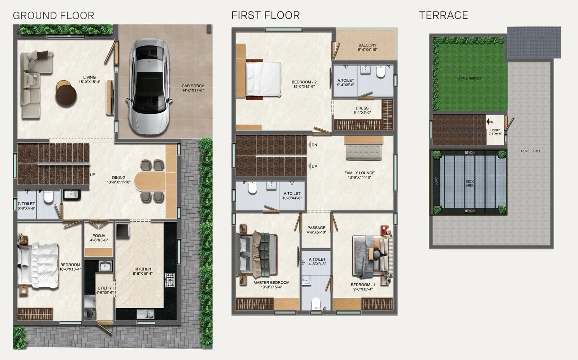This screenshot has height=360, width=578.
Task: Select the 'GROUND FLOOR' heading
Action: click(x=53, y=16)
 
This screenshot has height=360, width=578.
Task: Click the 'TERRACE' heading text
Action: click(x=443, y=15)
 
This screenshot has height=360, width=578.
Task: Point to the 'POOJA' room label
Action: click(x=99, y=236)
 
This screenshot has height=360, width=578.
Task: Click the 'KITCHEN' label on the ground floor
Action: click(x=143, y=269)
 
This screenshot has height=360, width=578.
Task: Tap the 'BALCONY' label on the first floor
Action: click(x=367, y=45)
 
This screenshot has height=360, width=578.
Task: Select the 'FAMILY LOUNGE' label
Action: click(x=359, y=173)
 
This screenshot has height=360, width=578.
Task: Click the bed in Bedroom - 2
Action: click(x=263, y=79)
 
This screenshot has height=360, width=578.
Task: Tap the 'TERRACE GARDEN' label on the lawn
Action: click(x=467, y=78)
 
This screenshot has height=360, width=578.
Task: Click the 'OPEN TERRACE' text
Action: click(x=530, y=151)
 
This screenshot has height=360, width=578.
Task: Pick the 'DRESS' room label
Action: click(x=362, y=108)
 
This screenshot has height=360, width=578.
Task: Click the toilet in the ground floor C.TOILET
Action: click(x=48, y=197)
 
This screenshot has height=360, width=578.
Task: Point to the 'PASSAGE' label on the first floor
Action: click(x=316, y=228)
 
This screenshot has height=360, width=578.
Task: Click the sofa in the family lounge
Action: click(x=364, y=153)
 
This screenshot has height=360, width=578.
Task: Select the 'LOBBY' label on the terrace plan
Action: click(x=495, y=130)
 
